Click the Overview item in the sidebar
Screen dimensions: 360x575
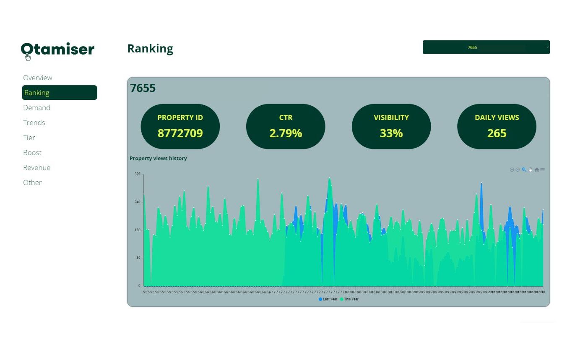tap(38, 78)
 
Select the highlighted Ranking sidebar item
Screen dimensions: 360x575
tap(59, 93)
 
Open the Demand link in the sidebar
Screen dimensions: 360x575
tap(37, 108)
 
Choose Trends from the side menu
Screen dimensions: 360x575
tap(34, 123)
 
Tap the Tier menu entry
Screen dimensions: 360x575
tap(29, 138)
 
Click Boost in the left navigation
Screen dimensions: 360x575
tap(32, 153)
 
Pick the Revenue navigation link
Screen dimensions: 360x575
tap(37, 167)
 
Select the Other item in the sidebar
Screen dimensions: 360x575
tap(32, 183)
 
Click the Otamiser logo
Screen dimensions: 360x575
tap(57, 50)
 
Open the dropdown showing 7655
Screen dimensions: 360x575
tap(486, 47)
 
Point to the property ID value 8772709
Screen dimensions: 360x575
tap(180, 133)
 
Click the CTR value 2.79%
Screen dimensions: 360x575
tap(286, 133)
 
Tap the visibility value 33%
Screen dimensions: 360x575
tap(391, 133)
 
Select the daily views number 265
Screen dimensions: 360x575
tap(497, 133)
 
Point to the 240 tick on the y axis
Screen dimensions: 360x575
tap(137, 202)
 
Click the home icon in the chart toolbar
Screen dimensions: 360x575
tap(536, 170)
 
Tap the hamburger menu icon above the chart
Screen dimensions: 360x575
tap(543, 170)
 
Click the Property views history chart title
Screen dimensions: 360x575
tap(158, 159)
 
